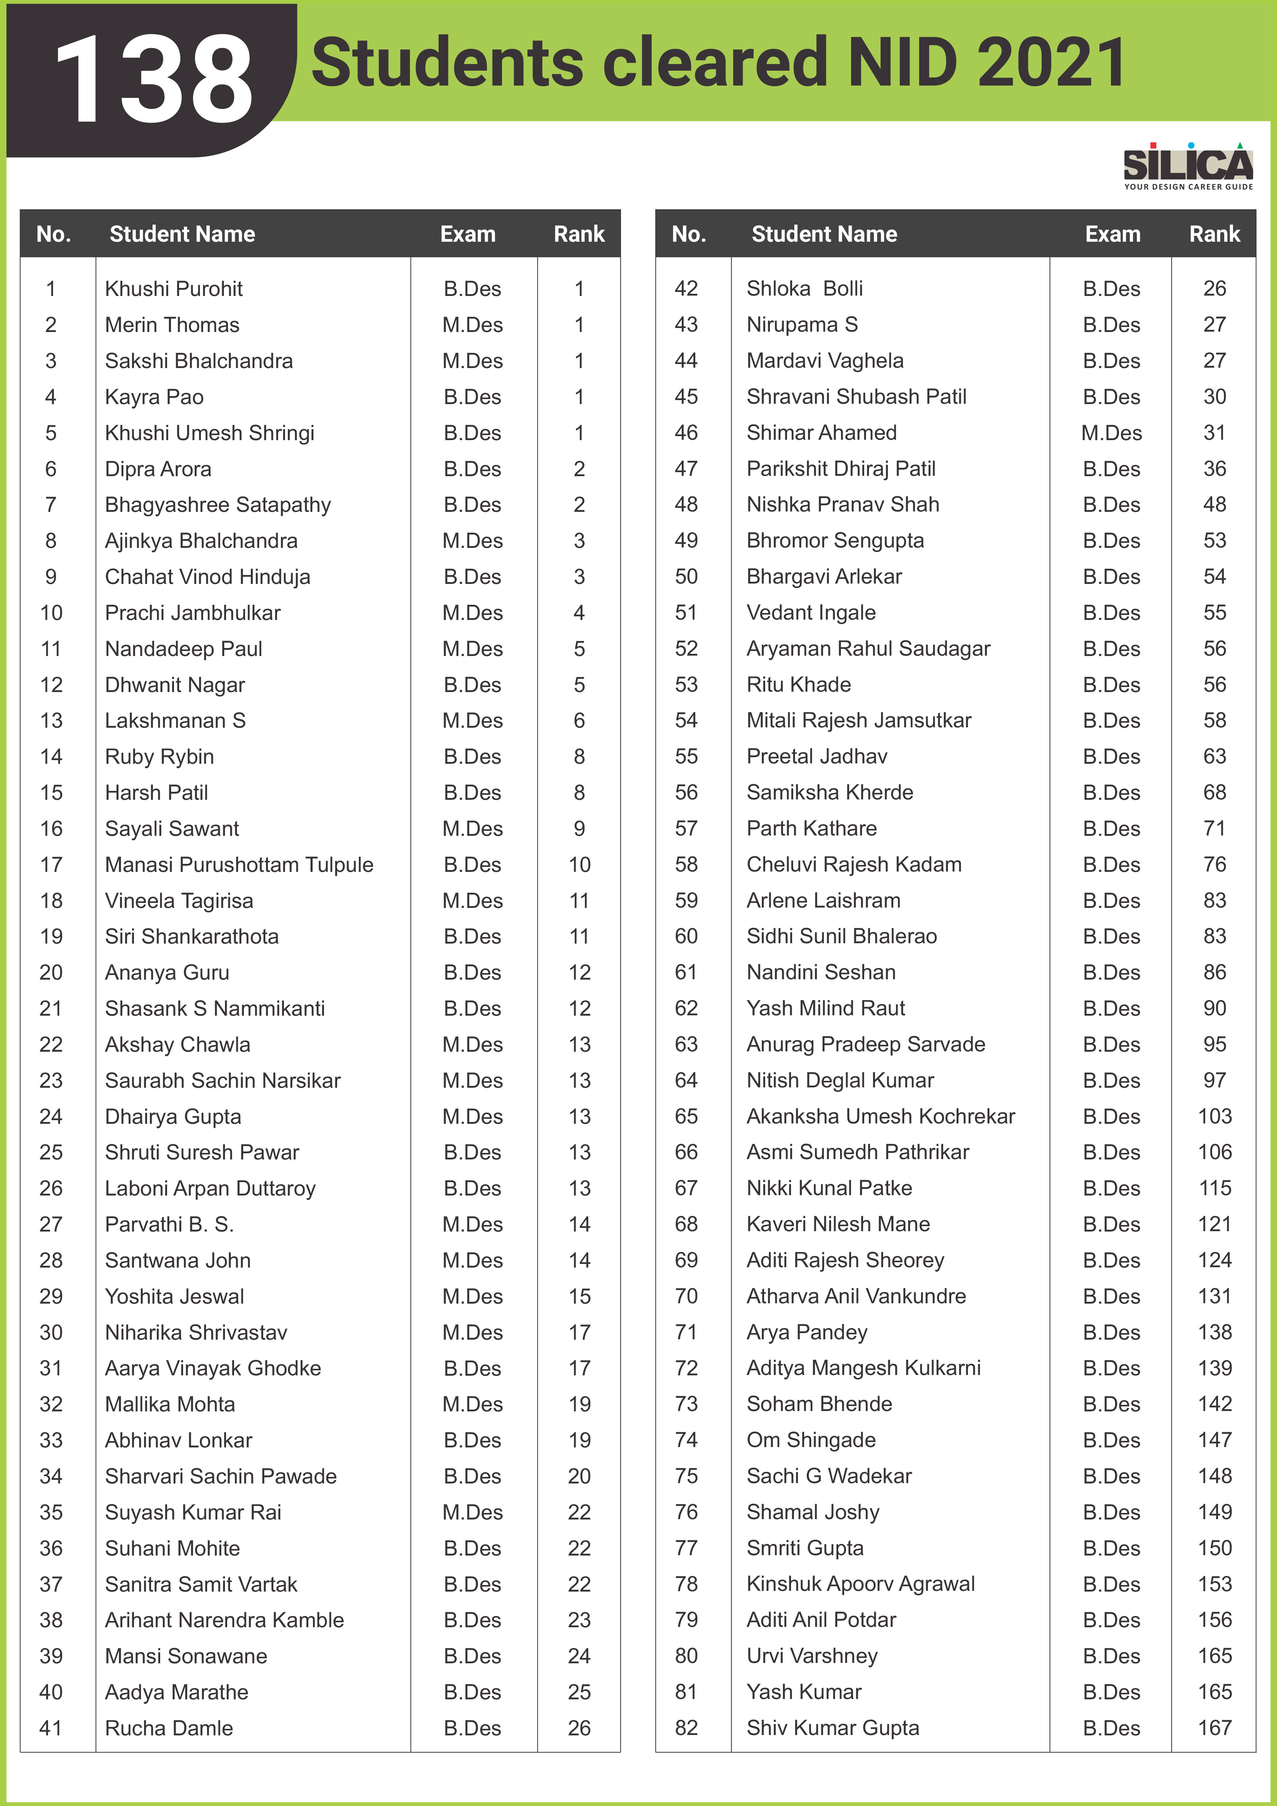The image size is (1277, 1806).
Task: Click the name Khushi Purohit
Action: tap(174, 289)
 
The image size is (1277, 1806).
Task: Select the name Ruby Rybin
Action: tap(159, 757)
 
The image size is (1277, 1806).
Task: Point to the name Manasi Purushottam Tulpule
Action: tap(239, 865)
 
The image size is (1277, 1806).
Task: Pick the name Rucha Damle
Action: tap(169, 1728)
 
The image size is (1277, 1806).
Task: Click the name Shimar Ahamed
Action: tap(822, 432)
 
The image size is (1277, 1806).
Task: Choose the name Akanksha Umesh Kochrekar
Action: tap(881, 1116)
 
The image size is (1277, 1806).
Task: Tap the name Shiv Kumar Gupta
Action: tap(833, 1728)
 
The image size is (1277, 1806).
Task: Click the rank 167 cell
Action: tap(1215, 1728)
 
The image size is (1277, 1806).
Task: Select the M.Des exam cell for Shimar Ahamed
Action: tap(1111, 432)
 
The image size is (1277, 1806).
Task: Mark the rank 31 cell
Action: tap(1215, 432)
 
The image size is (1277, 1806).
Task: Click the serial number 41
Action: tap(51, 1728)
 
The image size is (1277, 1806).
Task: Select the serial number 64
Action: tap(687, 1080)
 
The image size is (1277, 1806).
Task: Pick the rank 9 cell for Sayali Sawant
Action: tap(580, 828)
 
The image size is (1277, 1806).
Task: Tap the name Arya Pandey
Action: tap(807, 1332)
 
